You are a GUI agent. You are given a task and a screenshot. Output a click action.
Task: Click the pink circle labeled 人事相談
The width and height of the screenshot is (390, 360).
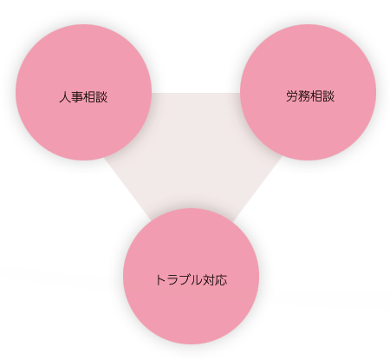[83, 92]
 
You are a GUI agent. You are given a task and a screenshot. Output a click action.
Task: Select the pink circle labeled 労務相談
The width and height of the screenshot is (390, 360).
[308, 92]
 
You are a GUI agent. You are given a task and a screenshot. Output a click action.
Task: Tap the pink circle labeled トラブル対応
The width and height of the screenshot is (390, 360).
[191, 276]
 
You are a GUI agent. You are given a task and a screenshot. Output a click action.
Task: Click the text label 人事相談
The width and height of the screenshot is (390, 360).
[83, 97]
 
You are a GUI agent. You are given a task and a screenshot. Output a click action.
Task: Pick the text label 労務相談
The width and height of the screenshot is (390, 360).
[310, 96]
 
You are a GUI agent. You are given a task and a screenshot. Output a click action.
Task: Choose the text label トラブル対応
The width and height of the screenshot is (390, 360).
[191, 280]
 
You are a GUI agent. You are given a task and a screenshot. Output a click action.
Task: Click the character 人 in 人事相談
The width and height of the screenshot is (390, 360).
[65, 97]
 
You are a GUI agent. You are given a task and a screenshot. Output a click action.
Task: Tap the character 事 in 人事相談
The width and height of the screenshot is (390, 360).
[77, 97]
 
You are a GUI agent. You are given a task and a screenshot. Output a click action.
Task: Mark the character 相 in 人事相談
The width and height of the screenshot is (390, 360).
[89, 97]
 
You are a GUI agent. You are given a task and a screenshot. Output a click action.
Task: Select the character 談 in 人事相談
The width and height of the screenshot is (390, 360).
[101, 97]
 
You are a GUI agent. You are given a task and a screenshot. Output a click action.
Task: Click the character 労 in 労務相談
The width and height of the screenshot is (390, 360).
[292, 96]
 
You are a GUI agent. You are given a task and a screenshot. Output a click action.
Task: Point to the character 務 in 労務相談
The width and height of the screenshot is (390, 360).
[304, 96]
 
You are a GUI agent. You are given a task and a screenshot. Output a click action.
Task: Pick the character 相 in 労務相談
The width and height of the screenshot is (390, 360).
[316, 96]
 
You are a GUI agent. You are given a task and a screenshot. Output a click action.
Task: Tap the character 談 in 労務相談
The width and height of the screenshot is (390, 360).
[328, 96]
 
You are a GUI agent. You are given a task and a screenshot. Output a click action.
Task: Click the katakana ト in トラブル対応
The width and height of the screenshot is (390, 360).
[160, 280]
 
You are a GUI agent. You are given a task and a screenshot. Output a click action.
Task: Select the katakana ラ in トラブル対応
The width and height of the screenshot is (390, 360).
[172, 280]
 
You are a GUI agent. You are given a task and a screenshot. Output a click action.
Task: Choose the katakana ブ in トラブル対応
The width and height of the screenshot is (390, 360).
[185, 280]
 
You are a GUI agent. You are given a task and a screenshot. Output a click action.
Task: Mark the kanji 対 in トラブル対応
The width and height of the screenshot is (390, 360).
[209, 280]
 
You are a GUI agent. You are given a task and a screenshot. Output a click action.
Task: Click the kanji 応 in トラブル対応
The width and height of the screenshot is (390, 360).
[221, 280]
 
